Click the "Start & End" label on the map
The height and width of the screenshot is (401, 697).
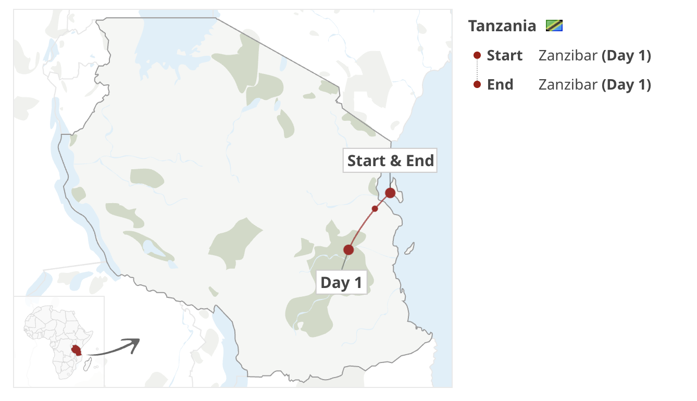tap(390, 160)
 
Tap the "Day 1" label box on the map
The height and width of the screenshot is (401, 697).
tap(341, 282)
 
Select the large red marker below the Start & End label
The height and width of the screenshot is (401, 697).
tap(390, 193)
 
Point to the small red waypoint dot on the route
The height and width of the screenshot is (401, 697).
tap(375, 209)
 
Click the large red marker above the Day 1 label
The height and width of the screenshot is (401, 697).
tap(348, 250)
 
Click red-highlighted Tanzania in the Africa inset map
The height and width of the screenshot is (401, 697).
tap(77, 349)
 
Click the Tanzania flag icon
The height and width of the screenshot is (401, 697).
tap(554, 26)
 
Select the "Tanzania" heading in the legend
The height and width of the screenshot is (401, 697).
tap(502, 26)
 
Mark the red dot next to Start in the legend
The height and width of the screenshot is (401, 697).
tap(477, 56)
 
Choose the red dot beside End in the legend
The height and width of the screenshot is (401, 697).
tap(477, 84)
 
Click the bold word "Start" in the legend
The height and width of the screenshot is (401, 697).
tap(504, 56)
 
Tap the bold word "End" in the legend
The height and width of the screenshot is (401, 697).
tap(500, 84)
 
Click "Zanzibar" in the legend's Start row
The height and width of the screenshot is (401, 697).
tap(568, 56)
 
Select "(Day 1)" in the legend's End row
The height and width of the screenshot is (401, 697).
tap(626, 84)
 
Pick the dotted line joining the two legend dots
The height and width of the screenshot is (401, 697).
tap(477, 70)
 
